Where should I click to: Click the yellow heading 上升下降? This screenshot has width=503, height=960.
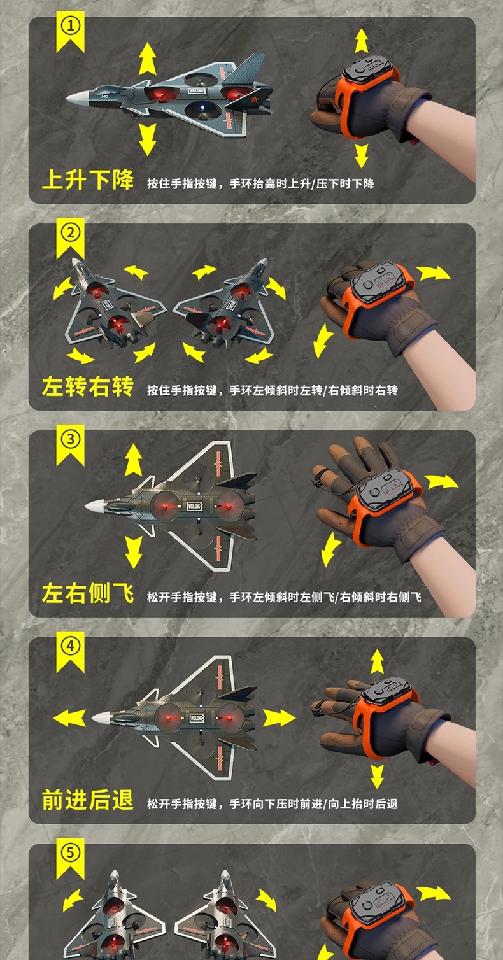pyautogui.click(x=88, y=180)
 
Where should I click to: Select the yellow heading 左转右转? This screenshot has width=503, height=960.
pyautogui.click(x=88, y=386)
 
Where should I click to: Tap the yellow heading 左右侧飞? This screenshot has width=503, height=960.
pyautogui.click(x=88, y=593)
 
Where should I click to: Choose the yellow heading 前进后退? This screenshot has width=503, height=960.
pyautogui.click(x=88, y=800)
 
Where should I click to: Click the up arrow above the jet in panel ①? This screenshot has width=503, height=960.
pyautogui.click(x=148, y=59)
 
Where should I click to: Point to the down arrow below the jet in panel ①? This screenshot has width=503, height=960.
pyautogui.click(x=148, y=139)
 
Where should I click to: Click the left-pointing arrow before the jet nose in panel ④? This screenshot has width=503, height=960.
pyautogui.click(x=69, y=718)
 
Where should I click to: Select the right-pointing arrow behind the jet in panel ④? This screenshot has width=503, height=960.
pyautogui.click(x=279, y=718)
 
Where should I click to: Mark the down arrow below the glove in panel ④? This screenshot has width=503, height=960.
pyautogui.click(x=377, y=776)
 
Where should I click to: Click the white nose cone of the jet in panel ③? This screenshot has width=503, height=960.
pyautogui.click(x=95, y=506)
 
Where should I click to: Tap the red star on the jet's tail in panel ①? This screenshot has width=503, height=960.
pyautogui.click(x=254, y=100)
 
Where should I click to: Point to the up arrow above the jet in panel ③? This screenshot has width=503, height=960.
pyautogui.click(x=133, y=460)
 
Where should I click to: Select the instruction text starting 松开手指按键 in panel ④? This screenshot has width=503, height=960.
pyautogui.click(x=273, y=803)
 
